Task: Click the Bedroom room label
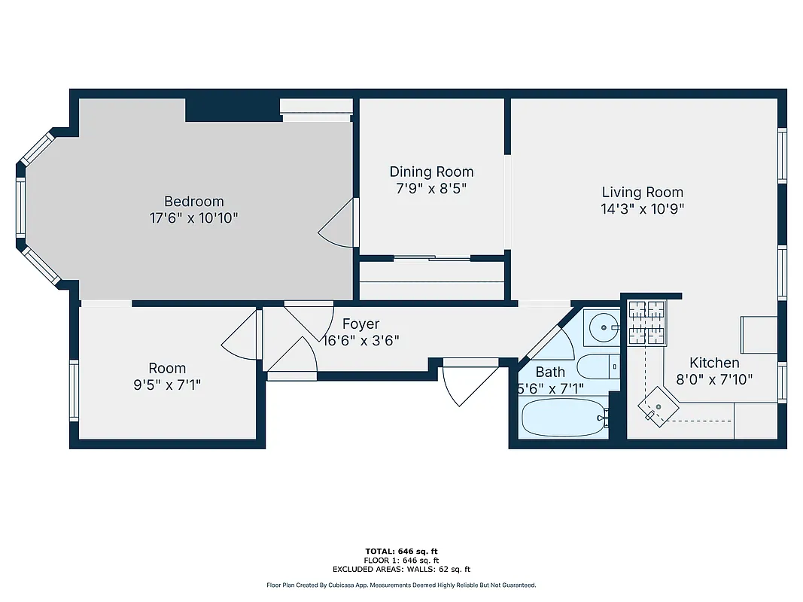click(x=193, y=201)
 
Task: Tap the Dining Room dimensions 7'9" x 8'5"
click(x=431, y=189)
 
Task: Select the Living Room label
click(x=642, y=192)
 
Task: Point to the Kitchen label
click(x=714, y=363)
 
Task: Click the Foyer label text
click(x=360, y=324)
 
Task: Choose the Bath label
click(x=550, y=372)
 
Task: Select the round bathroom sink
click(x=604, y=327)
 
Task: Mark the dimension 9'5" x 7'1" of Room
click(x=167, y=385)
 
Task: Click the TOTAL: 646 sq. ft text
click(x=402, y=552)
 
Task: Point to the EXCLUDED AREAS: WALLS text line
click(x=402, y=570)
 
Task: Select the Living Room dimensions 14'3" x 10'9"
click(x=642, y=209)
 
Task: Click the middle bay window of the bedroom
click(x=20, y=206)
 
